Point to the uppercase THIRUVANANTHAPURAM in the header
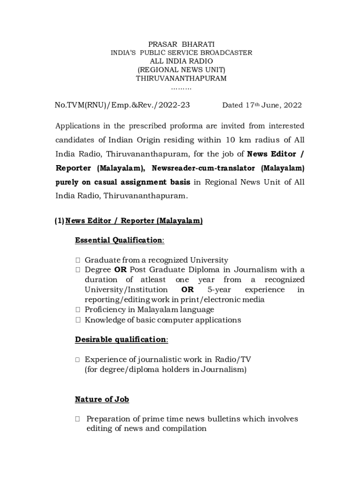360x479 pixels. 181,78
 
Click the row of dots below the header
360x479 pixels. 181,87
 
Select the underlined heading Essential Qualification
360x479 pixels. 119,240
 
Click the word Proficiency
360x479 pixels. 106,309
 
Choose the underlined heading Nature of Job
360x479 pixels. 102,399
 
